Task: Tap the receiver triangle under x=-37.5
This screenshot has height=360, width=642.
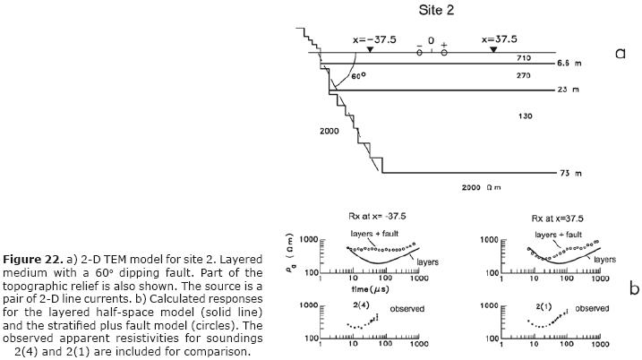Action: (x=370, y=50)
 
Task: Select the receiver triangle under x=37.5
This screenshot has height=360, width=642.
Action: (x=493, y=50)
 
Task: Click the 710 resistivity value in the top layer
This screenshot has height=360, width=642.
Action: (x=526, y=57)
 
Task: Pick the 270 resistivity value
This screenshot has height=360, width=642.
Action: (x=526, y=76)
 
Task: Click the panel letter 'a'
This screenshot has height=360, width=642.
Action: (x=620, y=54)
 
